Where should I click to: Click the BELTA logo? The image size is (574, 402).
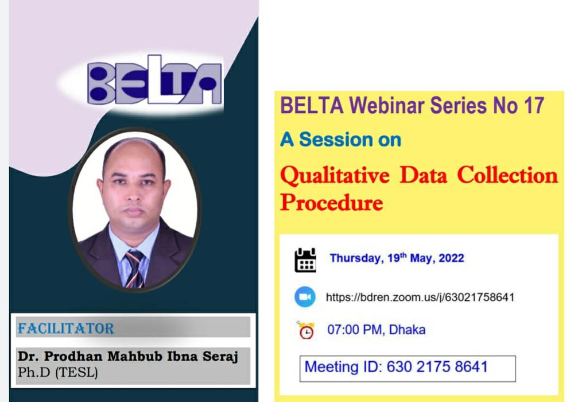154,80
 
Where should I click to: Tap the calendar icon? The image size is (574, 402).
305,260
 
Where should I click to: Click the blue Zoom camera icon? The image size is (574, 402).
305,296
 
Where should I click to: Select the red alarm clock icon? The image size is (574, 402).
306,330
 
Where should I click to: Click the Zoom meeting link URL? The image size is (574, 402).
420,297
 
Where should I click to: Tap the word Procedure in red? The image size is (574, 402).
332,203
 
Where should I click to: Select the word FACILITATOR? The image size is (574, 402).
66,328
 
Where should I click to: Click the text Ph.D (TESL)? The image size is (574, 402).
58,372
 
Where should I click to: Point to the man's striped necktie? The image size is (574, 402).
135,269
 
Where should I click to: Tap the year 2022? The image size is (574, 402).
451,258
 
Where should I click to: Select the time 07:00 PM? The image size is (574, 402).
355,330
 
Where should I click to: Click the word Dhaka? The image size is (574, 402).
407,330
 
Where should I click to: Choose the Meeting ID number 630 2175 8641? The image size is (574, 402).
437,367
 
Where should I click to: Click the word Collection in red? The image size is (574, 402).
507,175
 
